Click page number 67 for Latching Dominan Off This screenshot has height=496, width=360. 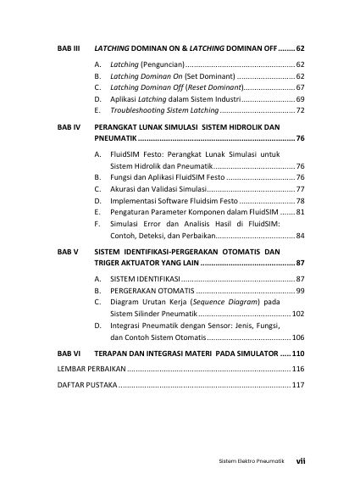coord(300,87)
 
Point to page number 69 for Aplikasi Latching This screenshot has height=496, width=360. coord(300,99)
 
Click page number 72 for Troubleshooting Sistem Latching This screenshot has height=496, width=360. coord(300,111)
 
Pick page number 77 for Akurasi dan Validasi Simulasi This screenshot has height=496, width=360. coord(300,188)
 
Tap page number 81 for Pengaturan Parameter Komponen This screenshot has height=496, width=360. coord(300,211)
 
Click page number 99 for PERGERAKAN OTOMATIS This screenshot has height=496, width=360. coord(300,291)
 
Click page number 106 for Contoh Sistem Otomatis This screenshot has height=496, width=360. coord(298,337)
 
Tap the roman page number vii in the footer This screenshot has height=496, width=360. coord(300,462)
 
